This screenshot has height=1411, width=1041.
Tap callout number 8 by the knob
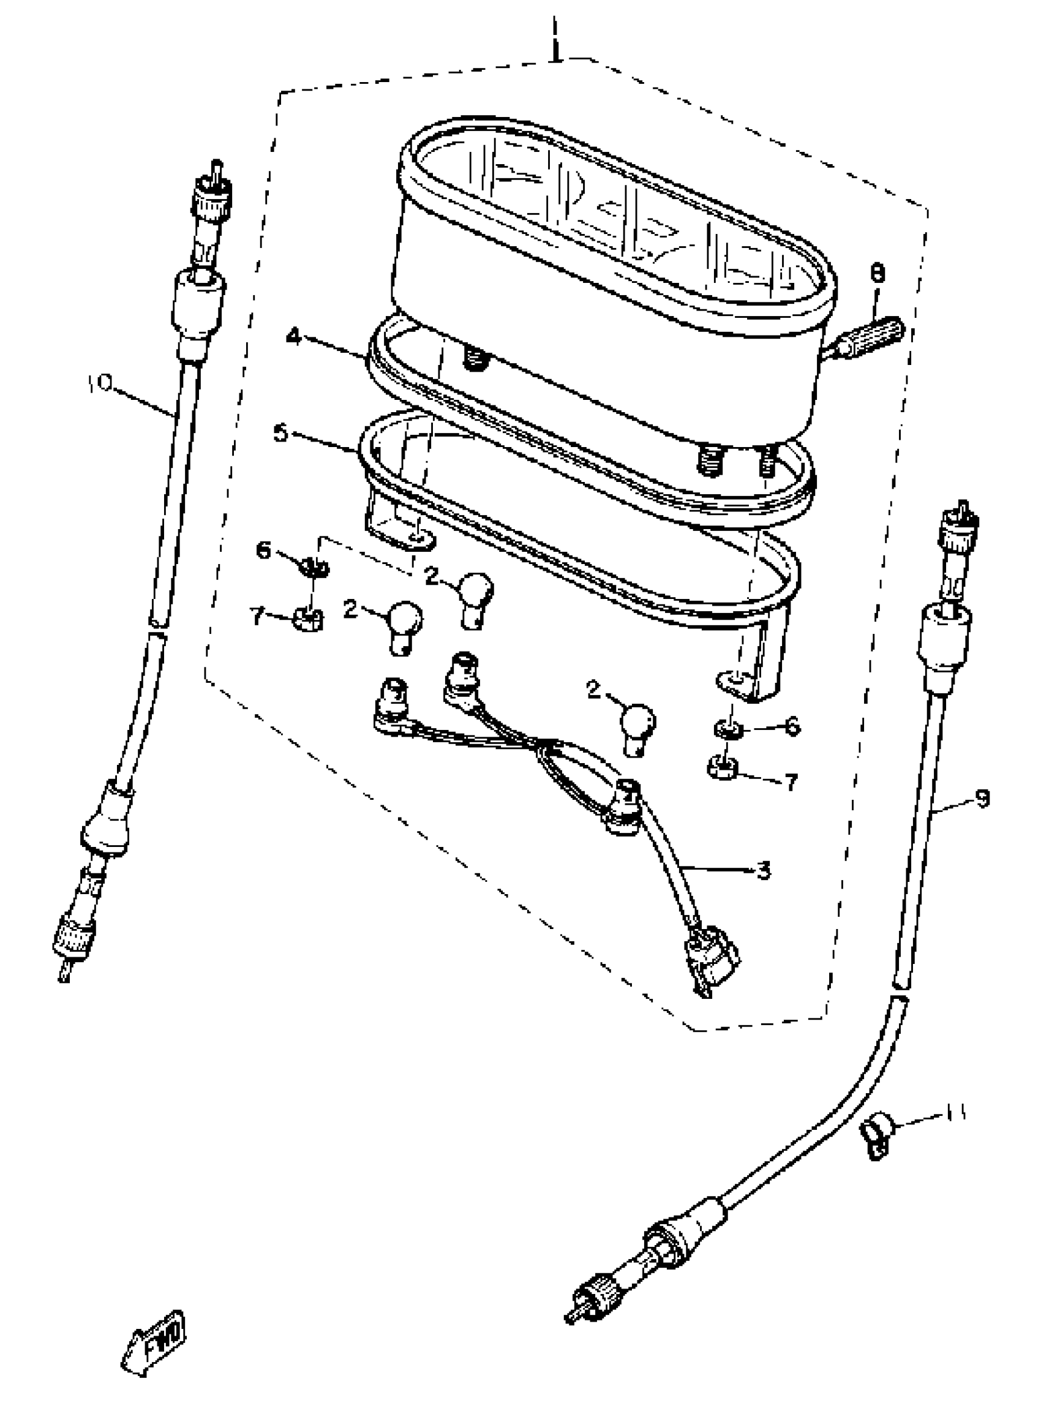click(876, 274)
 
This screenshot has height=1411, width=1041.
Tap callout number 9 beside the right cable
click(981, 799)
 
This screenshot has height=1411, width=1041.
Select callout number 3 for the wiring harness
click(763, 871)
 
